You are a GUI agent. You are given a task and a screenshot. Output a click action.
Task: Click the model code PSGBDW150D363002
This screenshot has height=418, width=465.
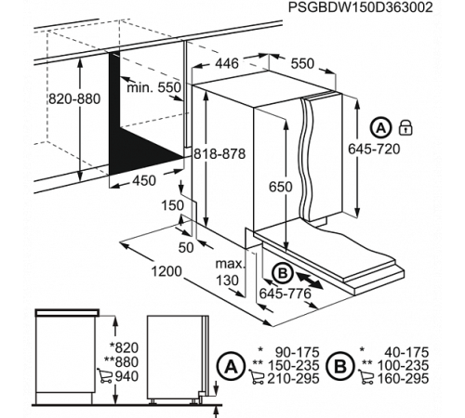point(360,7)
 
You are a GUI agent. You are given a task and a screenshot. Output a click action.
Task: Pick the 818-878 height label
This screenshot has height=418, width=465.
point(221,156)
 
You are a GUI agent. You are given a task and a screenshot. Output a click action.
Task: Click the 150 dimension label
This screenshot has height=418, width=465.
point(171,204)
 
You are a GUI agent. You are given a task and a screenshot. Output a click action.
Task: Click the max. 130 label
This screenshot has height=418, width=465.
point(227,272)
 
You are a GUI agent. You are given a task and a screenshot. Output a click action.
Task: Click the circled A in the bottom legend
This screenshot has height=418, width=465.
point(226,368)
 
